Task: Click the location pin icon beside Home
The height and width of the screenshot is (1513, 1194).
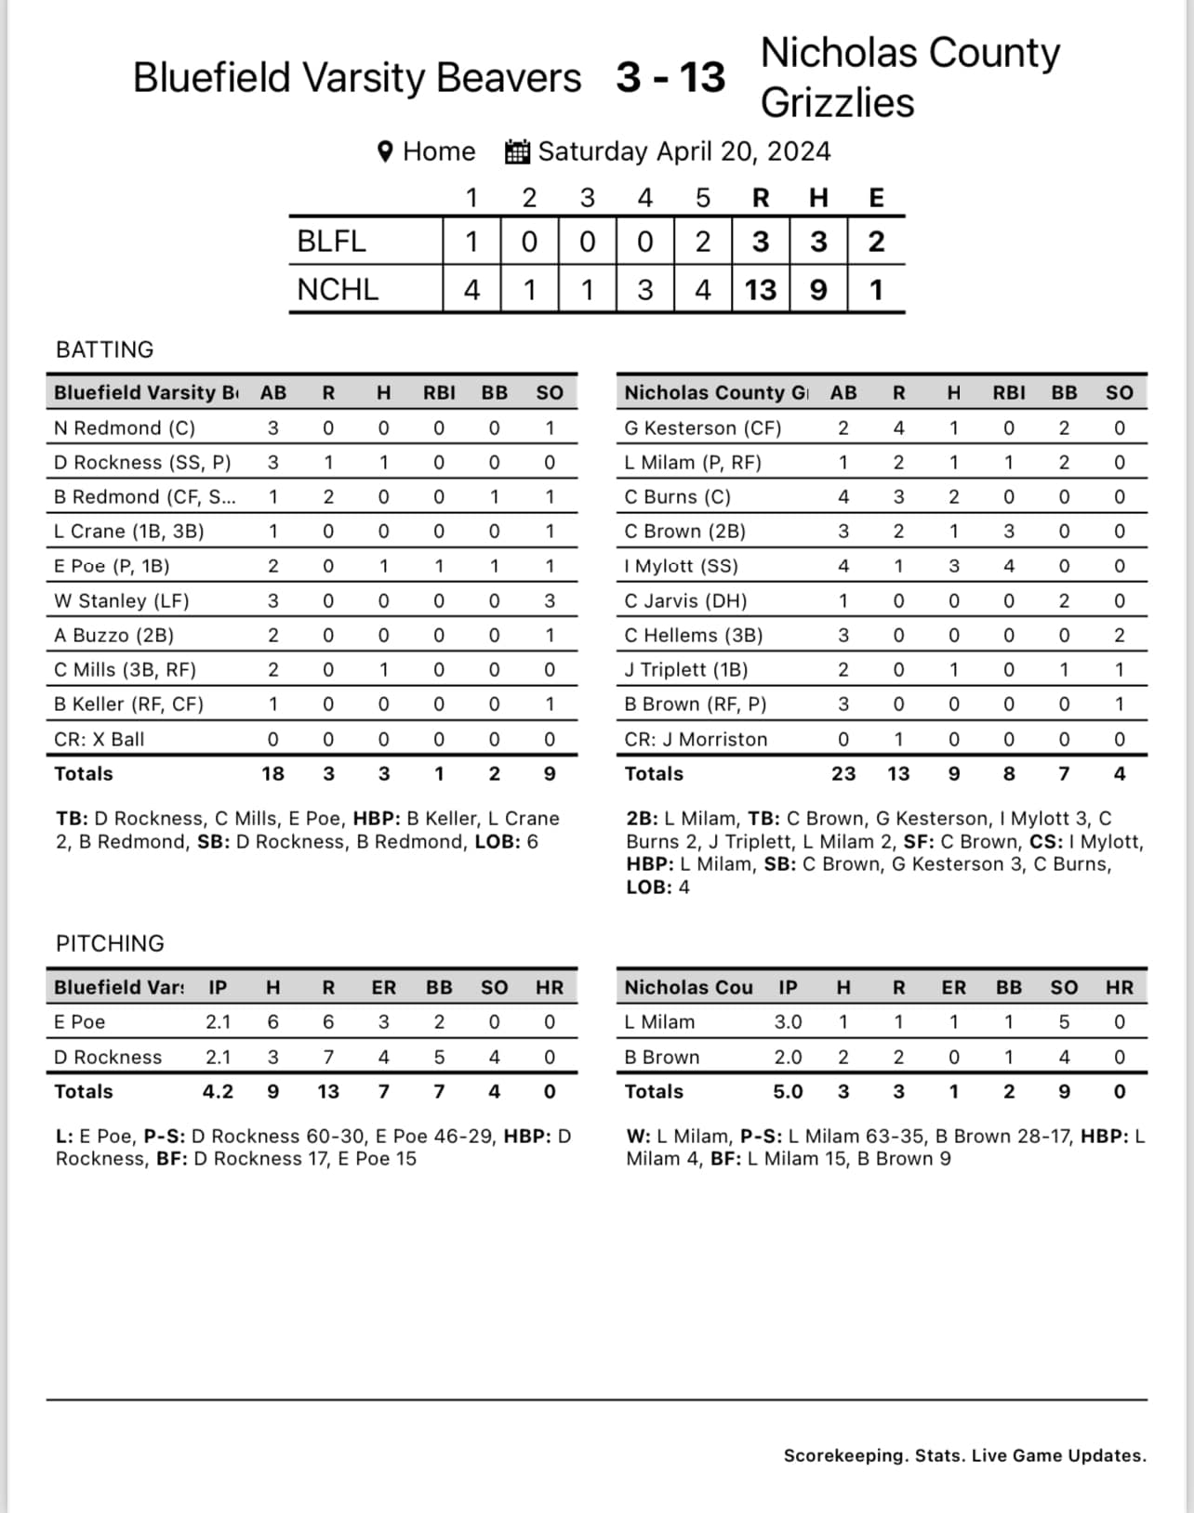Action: [x=385, y=151]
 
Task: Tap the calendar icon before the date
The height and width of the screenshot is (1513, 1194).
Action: [x=517, y=151]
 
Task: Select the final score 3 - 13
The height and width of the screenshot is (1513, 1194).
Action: [x=670, y=77]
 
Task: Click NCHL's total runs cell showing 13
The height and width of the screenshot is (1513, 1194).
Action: [x=760, y=290]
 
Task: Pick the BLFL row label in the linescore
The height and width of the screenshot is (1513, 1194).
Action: [x=331, y=242]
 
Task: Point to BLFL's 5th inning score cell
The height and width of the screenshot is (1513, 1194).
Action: [x=702, y=242]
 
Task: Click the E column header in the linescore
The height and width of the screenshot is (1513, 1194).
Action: [x=876, y=198]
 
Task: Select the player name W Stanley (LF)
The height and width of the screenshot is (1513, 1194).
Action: [x=122, y=601]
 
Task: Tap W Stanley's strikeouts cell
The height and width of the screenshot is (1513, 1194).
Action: [x=550, y=601]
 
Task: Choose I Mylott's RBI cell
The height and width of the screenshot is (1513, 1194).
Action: [x=1008, y=566]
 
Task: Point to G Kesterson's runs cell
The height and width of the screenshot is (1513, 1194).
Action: [x=898, y=428]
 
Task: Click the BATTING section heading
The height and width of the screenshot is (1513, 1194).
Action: [x=105, y=349]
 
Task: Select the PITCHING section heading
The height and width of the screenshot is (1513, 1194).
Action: [x=110, y=943]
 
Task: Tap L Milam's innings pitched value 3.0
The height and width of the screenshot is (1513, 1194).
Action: [x=788, y=1022]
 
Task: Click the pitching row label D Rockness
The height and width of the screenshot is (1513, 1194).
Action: [x=108, y=1058]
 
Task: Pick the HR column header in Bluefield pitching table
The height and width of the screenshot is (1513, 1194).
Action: [x=549, y=988]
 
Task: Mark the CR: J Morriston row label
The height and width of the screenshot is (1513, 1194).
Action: [x=696, y=740]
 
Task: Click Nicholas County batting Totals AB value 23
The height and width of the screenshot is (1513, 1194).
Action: [x=842, y=774]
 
